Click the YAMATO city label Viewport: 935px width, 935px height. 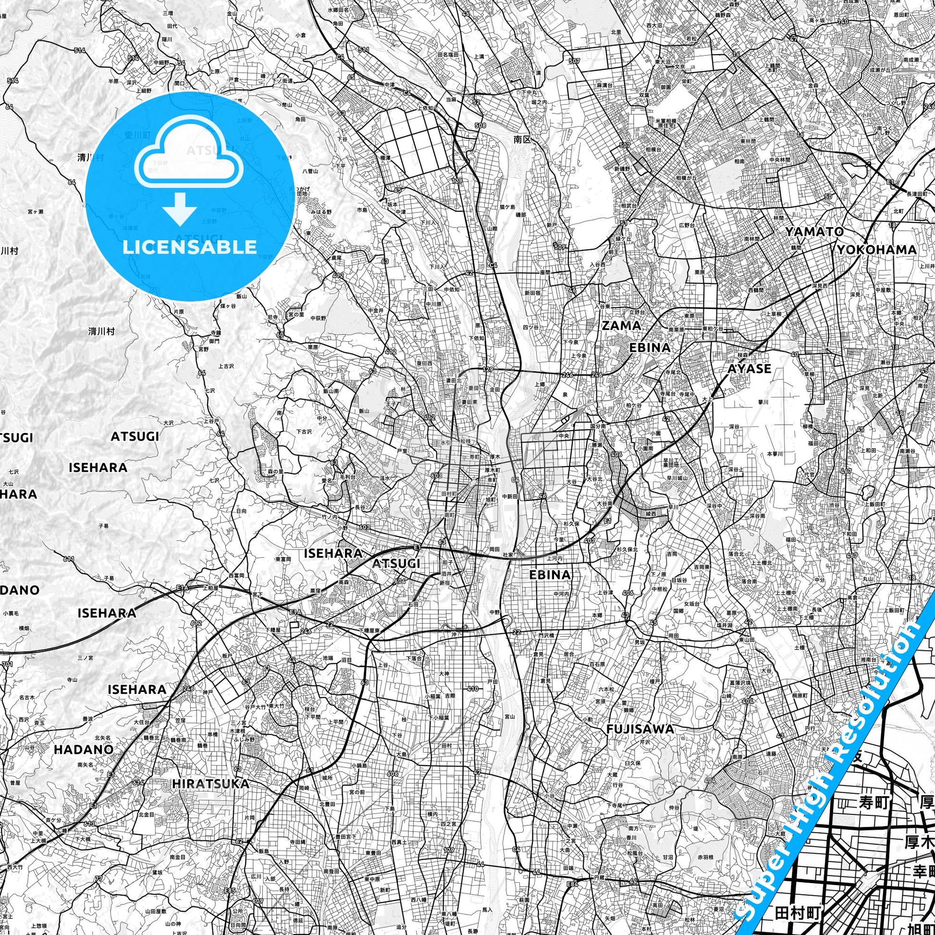814,232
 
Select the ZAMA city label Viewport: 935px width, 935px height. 621,326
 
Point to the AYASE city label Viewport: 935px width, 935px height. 749,369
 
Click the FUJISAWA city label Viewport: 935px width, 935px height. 640,729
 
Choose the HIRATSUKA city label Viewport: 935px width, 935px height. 210,784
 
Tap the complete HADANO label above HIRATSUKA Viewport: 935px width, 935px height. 84,749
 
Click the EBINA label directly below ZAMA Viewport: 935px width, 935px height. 650,347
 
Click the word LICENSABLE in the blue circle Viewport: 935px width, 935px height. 189,247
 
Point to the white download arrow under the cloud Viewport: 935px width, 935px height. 180,208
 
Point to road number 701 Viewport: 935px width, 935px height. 6,665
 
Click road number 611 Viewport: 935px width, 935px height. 69,559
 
